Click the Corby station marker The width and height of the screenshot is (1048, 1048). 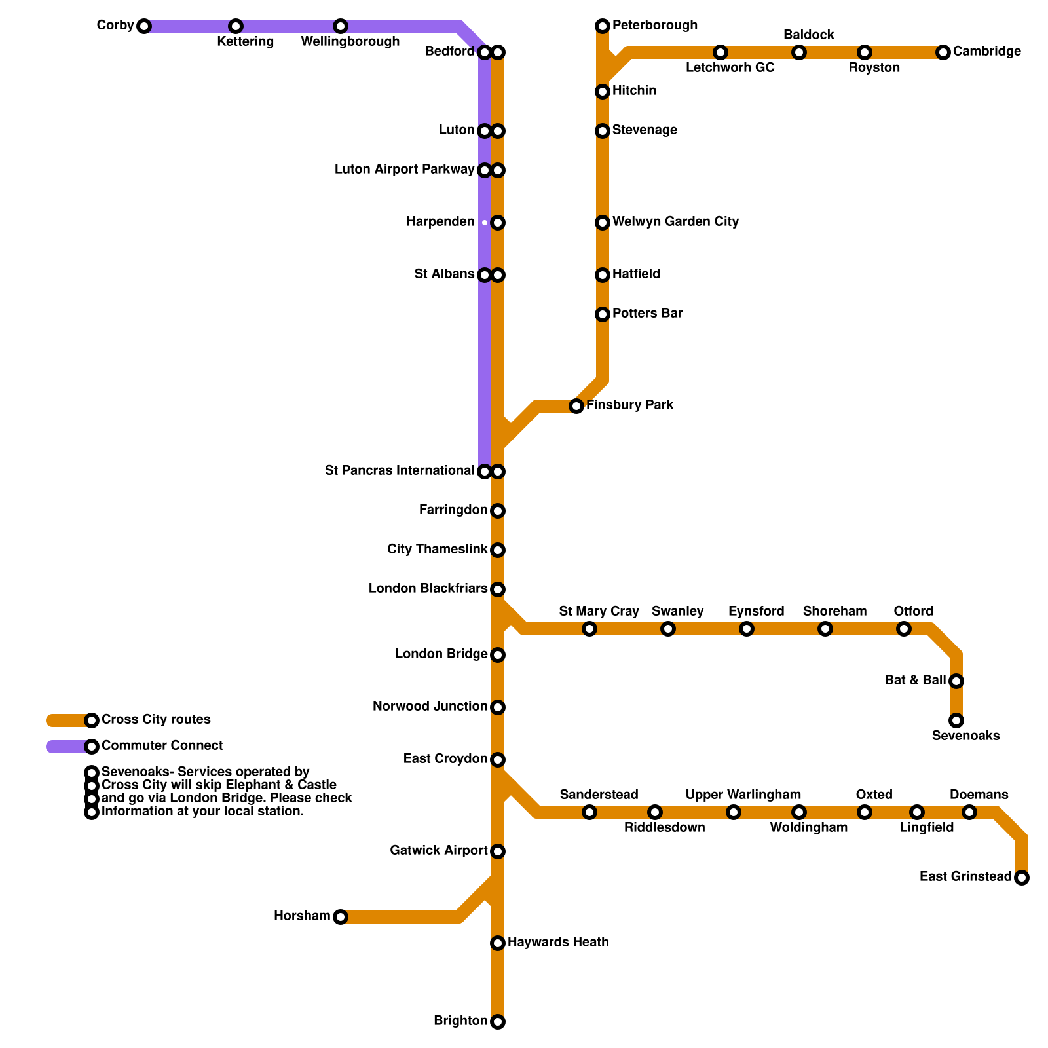[x=144, y=26]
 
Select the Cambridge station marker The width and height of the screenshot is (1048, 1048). [x=943, y=52]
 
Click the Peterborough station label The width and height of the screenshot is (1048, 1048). [x=655, y=26]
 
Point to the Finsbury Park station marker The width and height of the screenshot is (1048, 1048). [x=576, y=406]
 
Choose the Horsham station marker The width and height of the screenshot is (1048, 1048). [x=341, y=917]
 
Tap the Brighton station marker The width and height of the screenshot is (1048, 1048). [x=498, y=1022]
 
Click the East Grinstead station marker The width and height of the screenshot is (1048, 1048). [x=1022, y=878]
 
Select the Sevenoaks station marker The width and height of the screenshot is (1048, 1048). [x=956, y=720]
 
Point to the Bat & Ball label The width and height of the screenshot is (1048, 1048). [x=915, y=681]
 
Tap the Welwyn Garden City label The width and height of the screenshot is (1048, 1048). [x=675, y=222]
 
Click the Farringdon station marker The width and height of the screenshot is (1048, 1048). [x=498, y=511]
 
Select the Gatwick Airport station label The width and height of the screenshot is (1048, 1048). [x=438, y=851]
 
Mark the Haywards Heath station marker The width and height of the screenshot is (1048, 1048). [x=498, y=943]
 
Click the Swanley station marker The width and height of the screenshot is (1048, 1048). [x=668, y=629]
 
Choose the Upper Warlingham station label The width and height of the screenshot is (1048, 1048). [x=743, y=795]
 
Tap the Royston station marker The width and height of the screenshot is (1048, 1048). [x=865, y=52]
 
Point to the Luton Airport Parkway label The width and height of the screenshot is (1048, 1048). [x=404, y=170]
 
